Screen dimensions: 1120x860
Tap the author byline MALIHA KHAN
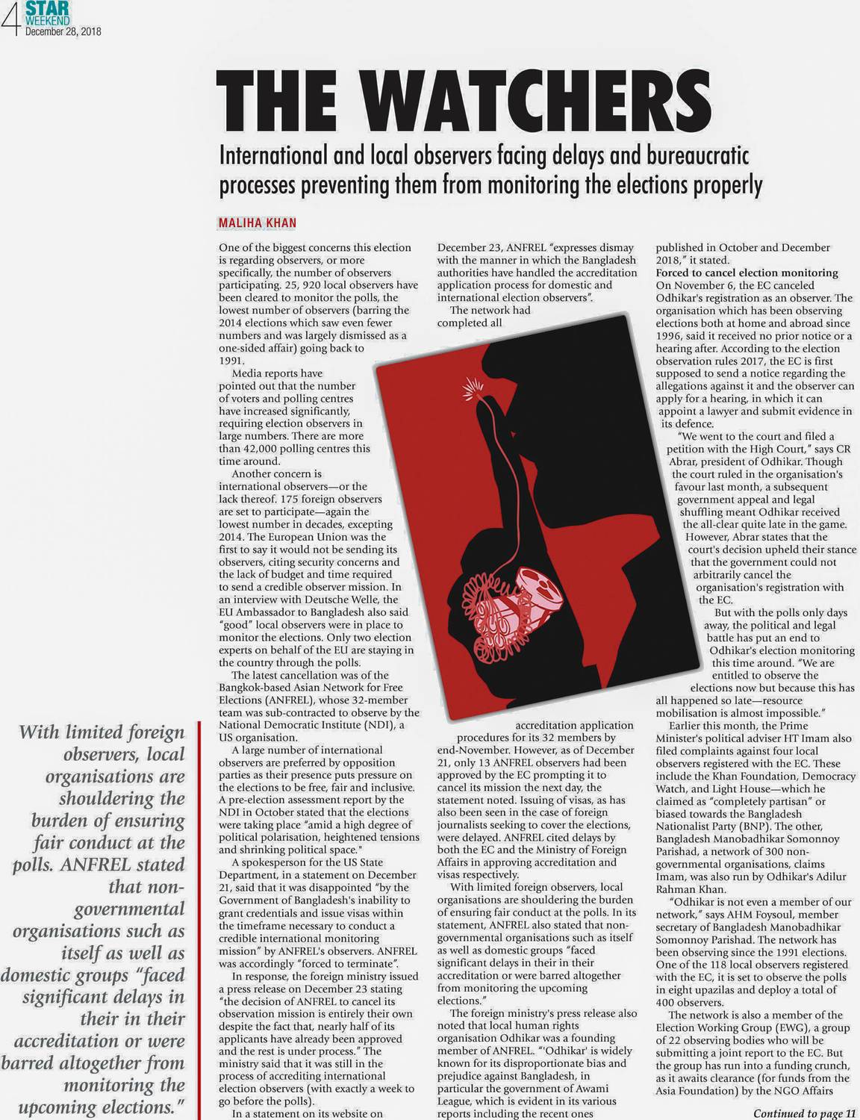[257, 223]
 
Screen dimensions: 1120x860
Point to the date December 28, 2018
[63, 32]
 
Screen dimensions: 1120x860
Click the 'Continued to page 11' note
[803, 1113]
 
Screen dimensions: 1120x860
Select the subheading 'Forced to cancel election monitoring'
[747, 273]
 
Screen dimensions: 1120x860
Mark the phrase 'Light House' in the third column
[752, 788]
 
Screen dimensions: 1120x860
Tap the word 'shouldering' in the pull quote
[122, 798]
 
